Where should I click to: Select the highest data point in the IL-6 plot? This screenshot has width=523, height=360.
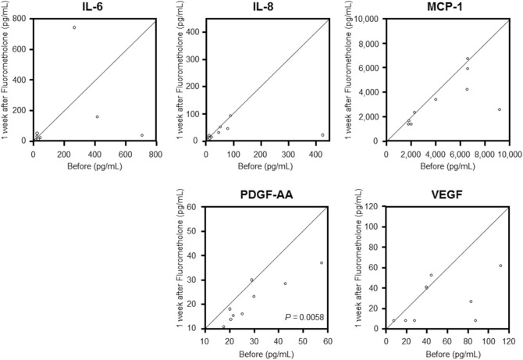click(x=74, y=27)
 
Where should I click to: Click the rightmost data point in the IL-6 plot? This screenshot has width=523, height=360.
click(x=142, y=135)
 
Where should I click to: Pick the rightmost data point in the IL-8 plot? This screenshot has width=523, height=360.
click(x=322, y=135)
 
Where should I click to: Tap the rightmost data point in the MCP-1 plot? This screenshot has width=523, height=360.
click(x=500, y=109)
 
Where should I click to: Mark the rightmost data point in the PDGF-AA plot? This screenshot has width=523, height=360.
click(x=322, y=262)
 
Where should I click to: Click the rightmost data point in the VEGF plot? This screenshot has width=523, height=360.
click(x=500, y=266)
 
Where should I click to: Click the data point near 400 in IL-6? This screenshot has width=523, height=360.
click(x=97, y=117)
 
